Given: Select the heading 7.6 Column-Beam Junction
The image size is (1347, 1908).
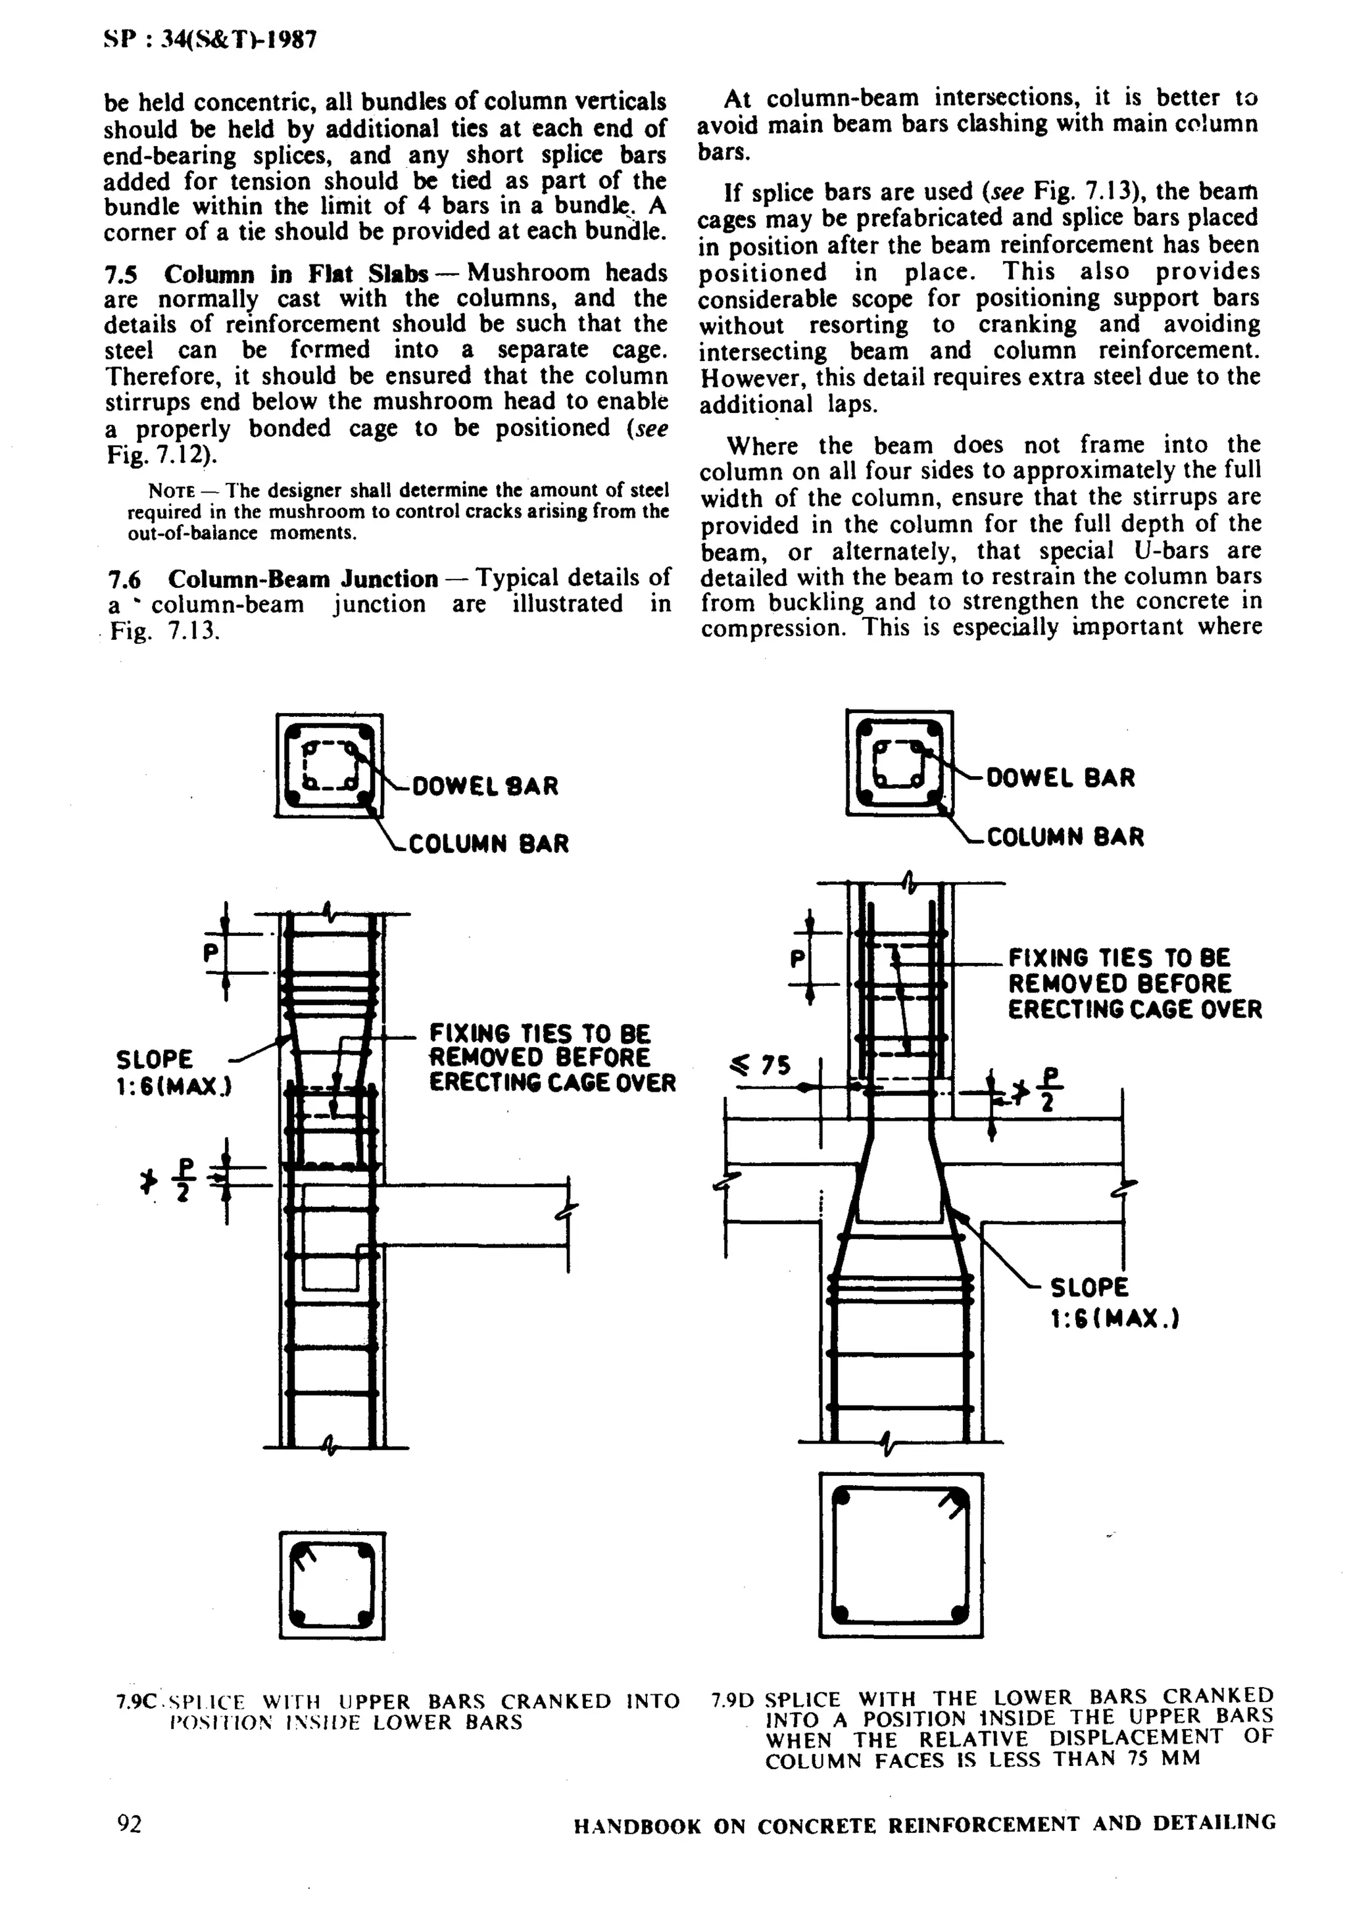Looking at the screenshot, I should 274,578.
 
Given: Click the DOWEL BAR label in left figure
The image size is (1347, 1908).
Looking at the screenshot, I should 485,786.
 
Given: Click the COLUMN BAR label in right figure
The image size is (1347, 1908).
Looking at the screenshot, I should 1064,837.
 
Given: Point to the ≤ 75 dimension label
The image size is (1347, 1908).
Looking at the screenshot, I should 760,1065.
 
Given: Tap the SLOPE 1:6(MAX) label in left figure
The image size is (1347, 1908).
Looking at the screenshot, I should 173,1072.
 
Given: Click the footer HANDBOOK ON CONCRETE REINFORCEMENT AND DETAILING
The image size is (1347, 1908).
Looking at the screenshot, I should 924,1825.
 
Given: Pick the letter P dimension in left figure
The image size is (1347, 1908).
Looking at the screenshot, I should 211,952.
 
